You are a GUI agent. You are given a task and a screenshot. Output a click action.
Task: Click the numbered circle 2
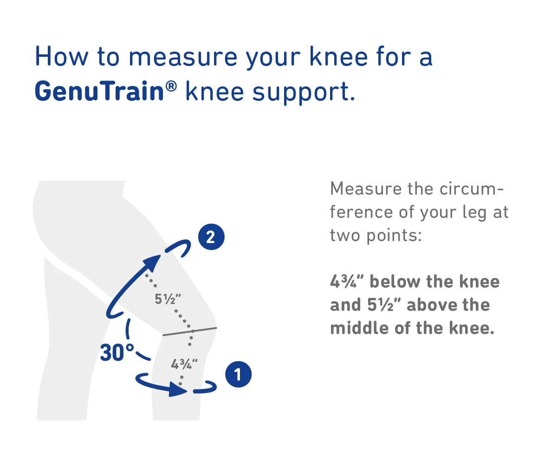pos(211,237)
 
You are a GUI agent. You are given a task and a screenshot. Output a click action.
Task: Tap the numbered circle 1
pos(238,374)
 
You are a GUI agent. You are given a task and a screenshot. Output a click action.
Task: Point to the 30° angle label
pos(117,352)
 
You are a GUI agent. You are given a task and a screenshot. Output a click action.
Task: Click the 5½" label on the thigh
pos(168,299)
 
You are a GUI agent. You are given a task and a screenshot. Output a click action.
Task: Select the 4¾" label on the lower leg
pos(184,364)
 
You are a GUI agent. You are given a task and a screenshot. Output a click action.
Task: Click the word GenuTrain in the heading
pos(99,91)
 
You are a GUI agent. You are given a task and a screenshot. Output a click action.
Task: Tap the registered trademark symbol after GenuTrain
pos(171,86)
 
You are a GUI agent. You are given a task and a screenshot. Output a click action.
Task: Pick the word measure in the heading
pos(183,58)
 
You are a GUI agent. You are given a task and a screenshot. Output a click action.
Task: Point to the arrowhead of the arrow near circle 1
pos(178,389)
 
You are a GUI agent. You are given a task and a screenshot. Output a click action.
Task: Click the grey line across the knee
pos(190,331)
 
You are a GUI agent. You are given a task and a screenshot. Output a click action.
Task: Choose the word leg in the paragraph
pos(474,213)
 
